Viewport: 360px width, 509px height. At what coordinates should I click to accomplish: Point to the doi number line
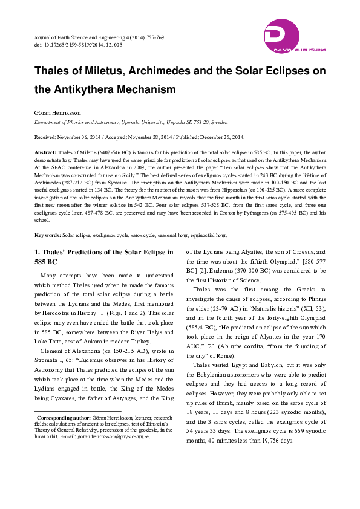[79, 45]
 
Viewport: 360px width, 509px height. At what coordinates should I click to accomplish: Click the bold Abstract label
[45, 152]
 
